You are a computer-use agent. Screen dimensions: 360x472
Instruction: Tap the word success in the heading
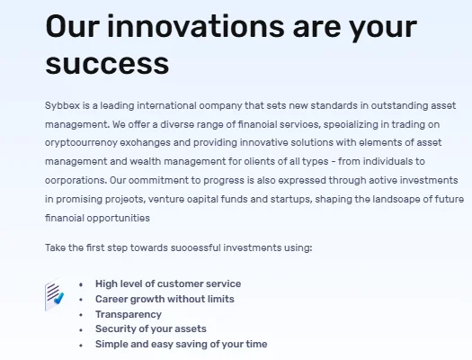(107, 64)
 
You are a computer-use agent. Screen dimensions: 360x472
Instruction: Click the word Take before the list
(54, 246)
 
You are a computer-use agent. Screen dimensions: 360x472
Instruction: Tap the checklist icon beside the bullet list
(55, 295)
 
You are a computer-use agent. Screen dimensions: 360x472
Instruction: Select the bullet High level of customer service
(168, 283)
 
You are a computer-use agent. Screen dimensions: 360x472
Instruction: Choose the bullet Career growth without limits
(165, 299)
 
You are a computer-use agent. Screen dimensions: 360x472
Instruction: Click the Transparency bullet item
(129, 314)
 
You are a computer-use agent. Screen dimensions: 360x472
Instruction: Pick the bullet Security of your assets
(151, 329)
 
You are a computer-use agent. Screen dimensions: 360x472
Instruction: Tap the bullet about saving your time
(181, 345)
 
